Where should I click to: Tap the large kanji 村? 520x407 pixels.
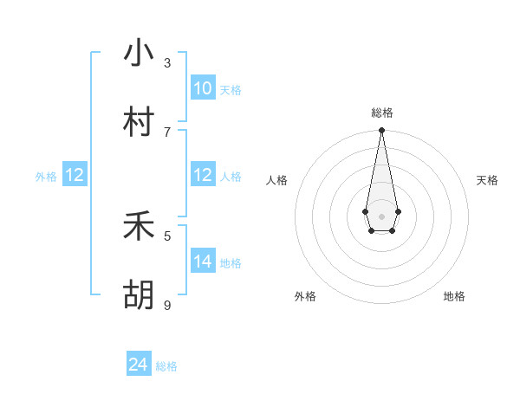139,122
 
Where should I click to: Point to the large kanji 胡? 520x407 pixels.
139,295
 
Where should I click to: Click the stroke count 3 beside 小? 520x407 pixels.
167,63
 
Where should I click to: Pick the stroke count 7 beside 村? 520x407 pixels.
167,132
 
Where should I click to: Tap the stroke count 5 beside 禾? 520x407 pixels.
167,236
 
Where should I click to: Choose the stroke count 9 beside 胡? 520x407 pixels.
167,305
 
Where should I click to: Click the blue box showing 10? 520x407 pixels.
203,88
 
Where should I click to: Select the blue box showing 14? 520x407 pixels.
203,262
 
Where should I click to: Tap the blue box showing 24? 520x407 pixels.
139,365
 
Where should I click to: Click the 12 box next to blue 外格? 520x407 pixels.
75,175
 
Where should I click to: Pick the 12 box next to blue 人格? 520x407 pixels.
203,175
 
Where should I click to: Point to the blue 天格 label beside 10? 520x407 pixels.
231,90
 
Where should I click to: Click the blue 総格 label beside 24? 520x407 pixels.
166,366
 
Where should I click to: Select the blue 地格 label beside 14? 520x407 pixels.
231,263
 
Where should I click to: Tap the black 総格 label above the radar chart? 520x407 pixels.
382,113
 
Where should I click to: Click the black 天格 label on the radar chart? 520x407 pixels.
487,180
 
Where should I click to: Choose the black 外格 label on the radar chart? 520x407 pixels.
305,296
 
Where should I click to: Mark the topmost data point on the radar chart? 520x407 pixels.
381,131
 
